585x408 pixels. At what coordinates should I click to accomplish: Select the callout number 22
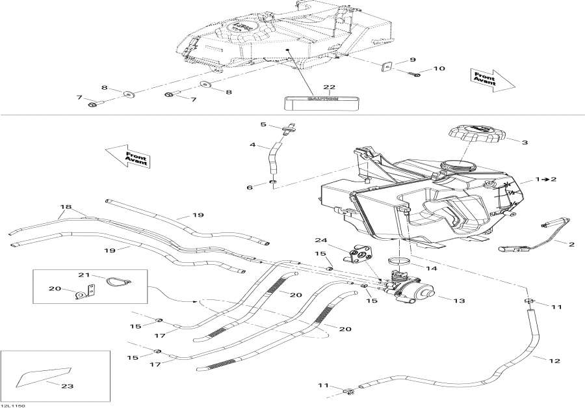tap(329, 87)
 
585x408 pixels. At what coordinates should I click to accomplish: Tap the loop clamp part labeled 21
tap(117, 280)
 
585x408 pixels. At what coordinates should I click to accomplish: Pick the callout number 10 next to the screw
tap(439, 68)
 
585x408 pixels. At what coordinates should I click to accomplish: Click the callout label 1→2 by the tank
tap(546, 178)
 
